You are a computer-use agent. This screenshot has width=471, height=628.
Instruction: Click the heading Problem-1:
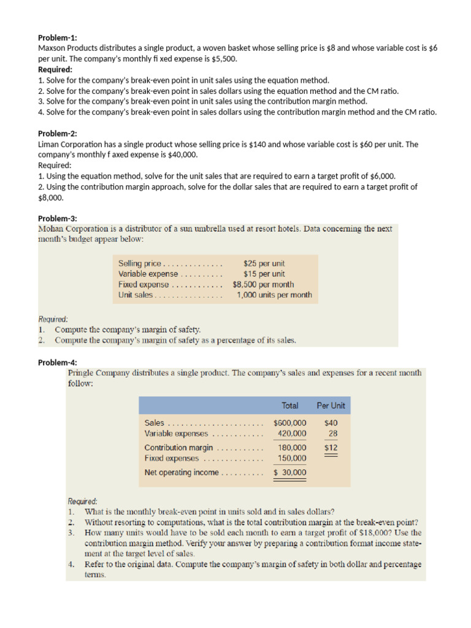pyautogui.click(x=58, y=37)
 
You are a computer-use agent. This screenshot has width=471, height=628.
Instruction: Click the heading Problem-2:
pyautogui.click(x=58, y=134)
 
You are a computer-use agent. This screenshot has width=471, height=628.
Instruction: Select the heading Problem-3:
pyautogui.click(x=58, y=218)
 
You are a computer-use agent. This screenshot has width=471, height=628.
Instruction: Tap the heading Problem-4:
pyautogui.click(x=58, y=362)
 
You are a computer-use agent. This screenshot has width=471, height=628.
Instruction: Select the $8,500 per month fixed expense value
pyautogui.click(x=263, y=285)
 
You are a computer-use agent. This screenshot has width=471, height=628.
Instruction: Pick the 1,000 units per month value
pyautogui.click(x=274, y=295)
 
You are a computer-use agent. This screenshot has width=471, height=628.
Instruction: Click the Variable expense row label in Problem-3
pyautogui.click(x=148, y=274)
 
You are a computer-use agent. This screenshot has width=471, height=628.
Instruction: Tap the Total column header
pyautogui.click(x=290, y=405)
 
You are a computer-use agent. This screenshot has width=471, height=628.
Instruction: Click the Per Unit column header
pyautogui.click(x=331, y=405)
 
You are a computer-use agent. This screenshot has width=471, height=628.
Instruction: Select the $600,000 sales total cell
pyautogui.click(x=289, y=423)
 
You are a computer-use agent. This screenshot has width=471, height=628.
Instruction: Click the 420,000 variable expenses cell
pyautogui.click(x=292, y=433)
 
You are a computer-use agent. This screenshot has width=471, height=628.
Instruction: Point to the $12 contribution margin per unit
pyautogui.click(x=331, y=448)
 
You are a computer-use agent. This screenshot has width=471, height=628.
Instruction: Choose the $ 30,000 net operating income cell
pyautogui.click(x=289, y=472)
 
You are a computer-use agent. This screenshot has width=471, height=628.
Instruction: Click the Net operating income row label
pyautogui.click(x=182, y=472)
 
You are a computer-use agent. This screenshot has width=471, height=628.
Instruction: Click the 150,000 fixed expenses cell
pyautogui.click(x=292, y=458)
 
